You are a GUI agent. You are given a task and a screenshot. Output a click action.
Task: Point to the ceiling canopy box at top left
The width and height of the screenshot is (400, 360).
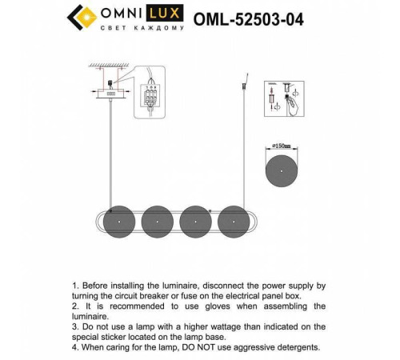[x=110, y=92]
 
